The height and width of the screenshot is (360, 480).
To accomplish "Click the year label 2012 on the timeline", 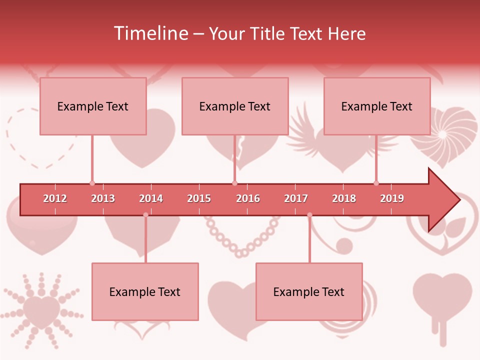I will (55, 198).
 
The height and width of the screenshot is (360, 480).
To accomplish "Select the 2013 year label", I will (103, 198).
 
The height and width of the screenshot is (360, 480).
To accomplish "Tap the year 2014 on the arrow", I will (151, 198).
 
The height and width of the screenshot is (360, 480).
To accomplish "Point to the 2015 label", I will (199, 198).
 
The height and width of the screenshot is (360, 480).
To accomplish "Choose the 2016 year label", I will (248, 198).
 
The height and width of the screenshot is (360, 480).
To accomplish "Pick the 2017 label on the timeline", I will (296, 198).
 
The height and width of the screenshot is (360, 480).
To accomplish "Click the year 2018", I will (344, 198).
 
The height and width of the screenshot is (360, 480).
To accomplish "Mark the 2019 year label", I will (392, 198).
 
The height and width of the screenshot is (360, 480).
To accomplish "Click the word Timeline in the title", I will (150, 33).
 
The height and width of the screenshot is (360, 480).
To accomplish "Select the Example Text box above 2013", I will (93, 106).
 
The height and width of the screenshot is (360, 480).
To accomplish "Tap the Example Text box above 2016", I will (235, 106).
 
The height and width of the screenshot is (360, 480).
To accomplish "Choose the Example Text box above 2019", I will (377, 106).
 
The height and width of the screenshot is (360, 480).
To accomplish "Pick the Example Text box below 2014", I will (145, 291).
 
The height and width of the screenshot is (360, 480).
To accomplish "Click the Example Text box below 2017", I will (309, 291).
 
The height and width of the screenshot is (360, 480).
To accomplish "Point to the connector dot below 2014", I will (146, 215).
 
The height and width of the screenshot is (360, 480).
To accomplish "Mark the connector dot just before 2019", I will (376, 183).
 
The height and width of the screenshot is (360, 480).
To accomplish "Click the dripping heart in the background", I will (442, 300).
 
